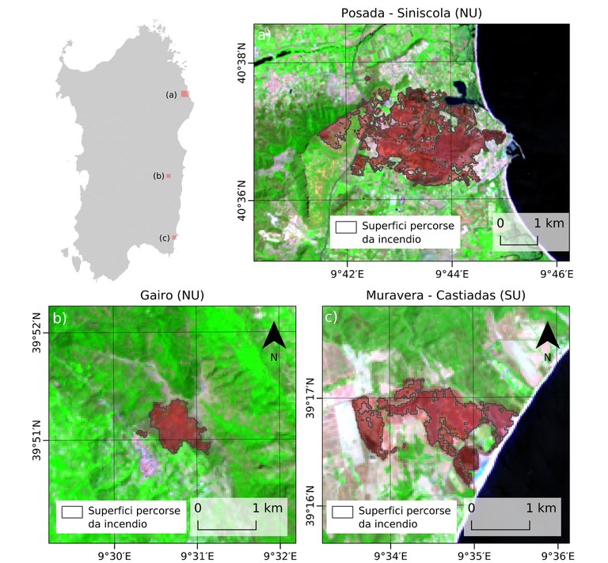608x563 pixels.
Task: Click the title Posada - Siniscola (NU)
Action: point(412,13)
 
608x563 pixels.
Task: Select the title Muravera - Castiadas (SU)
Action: point(446,295)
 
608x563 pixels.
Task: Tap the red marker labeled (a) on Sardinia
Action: point(184,93)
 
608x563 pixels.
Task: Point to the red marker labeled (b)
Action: point(168,176)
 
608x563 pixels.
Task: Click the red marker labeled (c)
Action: point(174,237)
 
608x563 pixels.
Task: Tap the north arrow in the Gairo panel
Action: point(274,338)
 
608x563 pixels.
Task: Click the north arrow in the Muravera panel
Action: point(548,338)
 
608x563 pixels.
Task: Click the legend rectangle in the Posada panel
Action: point(345,226)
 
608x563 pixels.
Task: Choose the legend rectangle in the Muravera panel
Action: point(343,512)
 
